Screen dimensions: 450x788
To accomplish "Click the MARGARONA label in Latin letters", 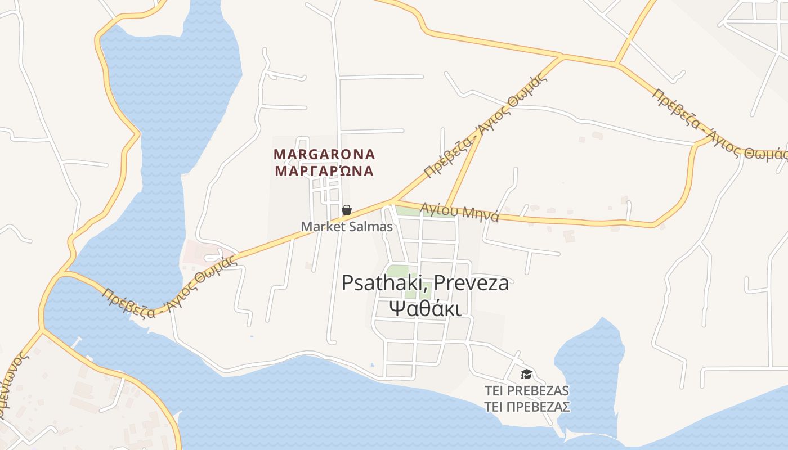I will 324,154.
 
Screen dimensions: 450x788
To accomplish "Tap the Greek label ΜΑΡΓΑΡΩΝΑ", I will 324,171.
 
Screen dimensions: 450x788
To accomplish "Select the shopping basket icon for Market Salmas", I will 347,210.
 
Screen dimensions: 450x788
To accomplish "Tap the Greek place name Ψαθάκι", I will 426,309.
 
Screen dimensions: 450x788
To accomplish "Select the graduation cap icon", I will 526,373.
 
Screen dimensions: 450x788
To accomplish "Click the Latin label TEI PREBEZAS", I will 527,391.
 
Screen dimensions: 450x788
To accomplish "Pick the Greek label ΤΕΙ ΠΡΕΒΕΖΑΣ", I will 527,407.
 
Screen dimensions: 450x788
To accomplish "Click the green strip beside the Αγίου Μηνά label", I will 408,210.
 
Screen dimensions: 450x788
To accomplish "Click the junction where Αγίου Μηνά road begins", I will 393,200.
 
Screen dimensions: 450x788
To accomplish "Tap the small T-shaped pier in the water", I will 75,341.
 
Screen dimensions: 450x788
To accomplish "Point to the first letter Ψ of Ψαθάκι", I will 397,309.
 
